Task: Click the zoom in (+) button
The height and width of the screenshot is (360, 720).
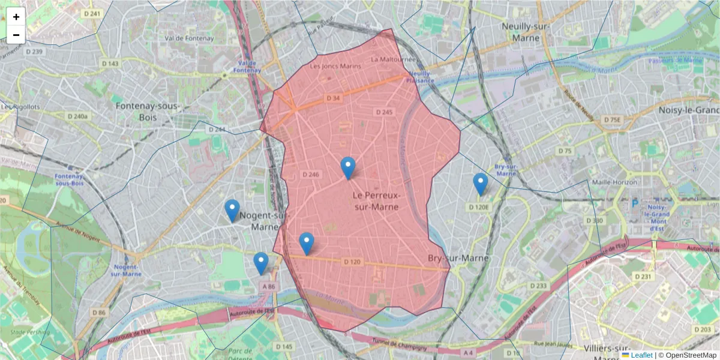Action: click(16, 17)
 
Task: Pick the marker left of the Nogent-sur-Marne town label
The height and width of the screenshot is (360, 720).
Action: click(232, 211)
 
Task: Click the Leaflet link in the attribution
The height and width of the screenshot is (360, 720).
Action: click(641, 355)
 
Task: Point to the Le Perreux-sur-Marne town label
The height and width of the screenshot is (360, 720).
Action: click(376, 201)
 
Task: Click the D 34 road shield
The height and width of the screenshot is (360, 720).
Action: click(334, 98)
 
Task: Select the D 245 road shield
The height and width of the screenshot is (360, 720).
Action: click(384, 112)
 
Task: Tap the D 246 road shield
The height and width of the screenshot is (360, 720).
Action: click(310, 175)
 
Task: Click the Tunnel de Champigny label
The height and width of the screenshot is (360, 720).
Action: click(401, 344)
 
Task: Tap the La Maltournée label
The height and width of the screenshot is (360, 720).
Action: click(393, 59)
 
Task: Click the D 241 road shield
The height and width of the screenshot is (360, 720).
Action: click(91, 13)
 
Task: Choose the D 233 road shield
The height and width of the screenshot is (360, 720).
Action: click(539, 286)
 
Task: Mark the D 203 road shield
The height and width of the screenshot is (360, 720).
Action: click(701, 329)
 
